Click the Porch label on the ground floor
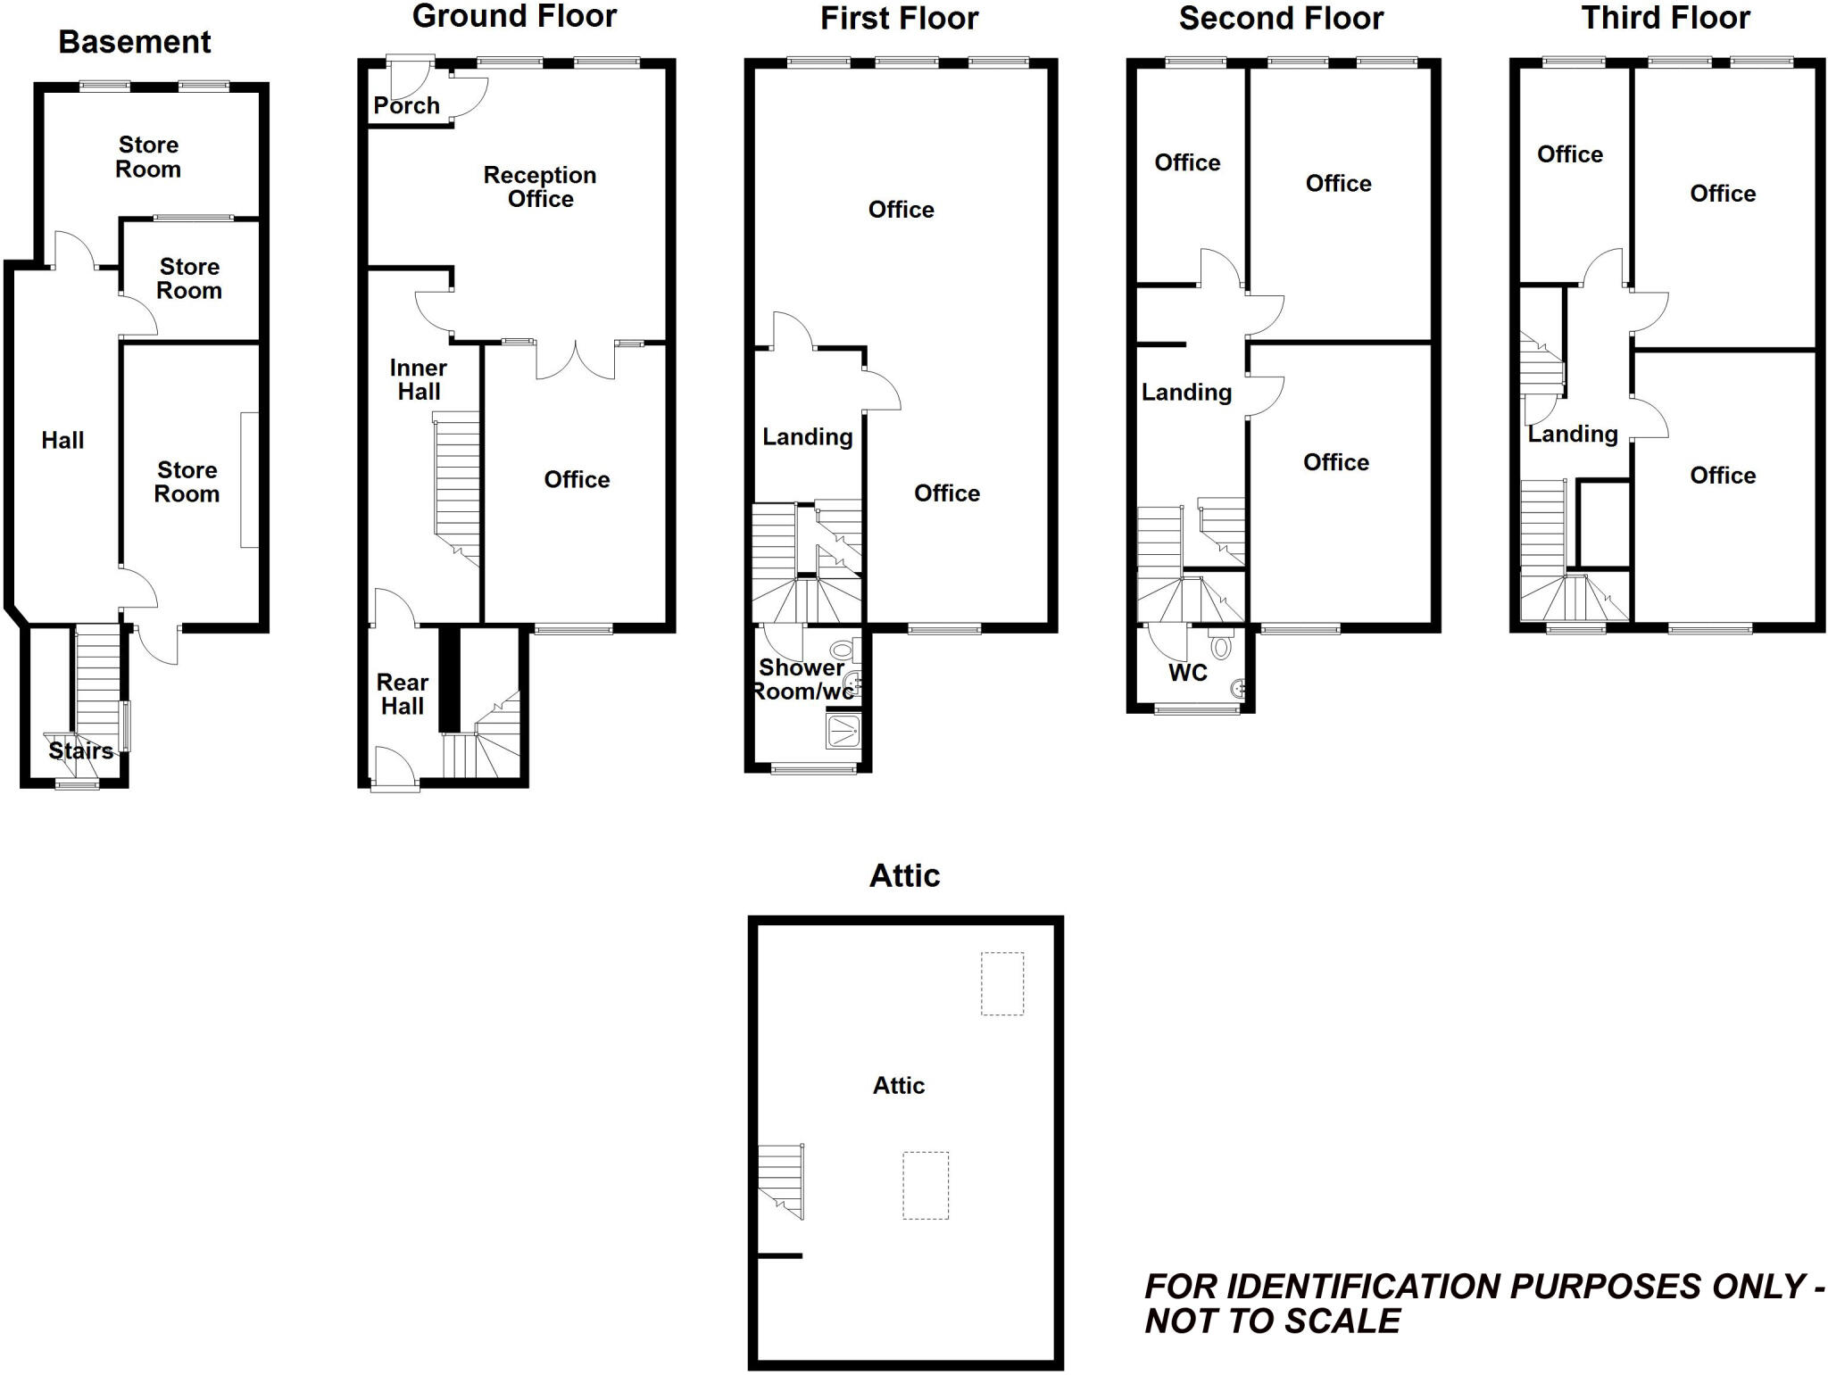tap(406, 105)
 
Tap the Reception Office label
tap(540, 186)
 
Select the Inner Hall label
tap(419, 379)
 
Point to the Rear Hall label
tap(403, 694)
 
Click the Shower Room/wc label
tap(801, 679)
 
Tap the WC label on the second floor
tap(1188, 673)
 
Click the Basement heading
tap(135, 42)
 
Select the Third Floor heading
tap(1666, 18)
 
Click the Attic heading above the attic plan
tap(904, 875)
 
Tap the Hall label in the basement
tap(62, 440)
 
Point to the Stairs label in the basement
tap(80, 750)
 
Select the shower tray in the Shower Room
tap(843, 731)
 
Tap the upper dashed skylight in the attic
tap(1002, 983)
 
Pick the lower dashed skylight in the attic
tap(926, 1185)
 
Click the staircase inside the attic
tap(781, 1180)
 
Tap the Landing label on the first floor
tap(807, 436)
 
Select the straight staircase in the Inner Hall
tap(457, 482)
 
